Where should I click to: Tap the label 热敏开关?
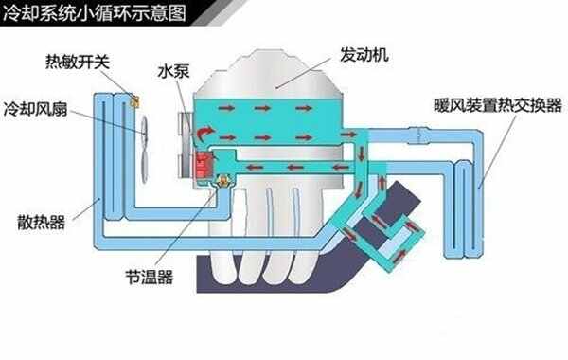click(x=78, y=62)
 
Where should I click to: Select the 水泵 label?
click(x=176, y=70)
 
